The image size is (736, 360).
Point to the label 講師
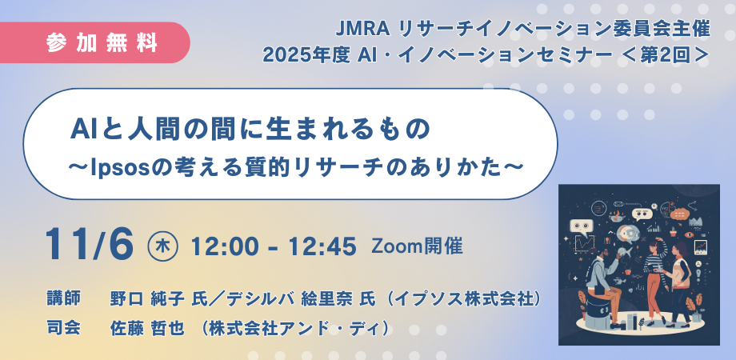(64, 298)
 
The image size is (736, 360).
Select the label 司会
(64, 327)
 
